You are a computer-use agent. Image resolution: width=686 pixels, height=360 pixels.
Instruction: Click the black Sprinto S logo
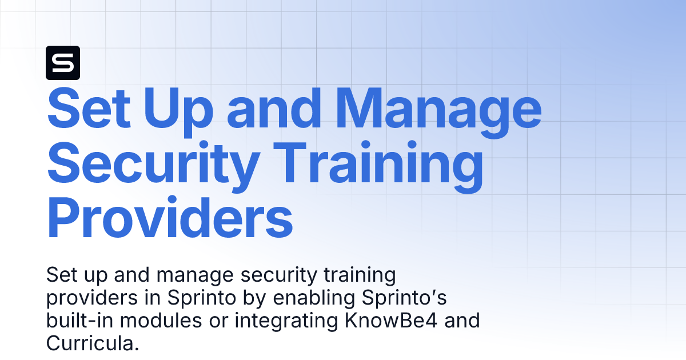tap(62, 62)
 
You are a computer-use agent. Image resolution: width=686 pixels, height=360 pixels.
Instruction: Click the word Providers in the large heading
tap(169, 218)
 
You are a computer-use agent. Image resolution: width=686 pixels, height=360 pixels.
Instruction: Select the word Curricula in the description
tap(92, 343)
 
